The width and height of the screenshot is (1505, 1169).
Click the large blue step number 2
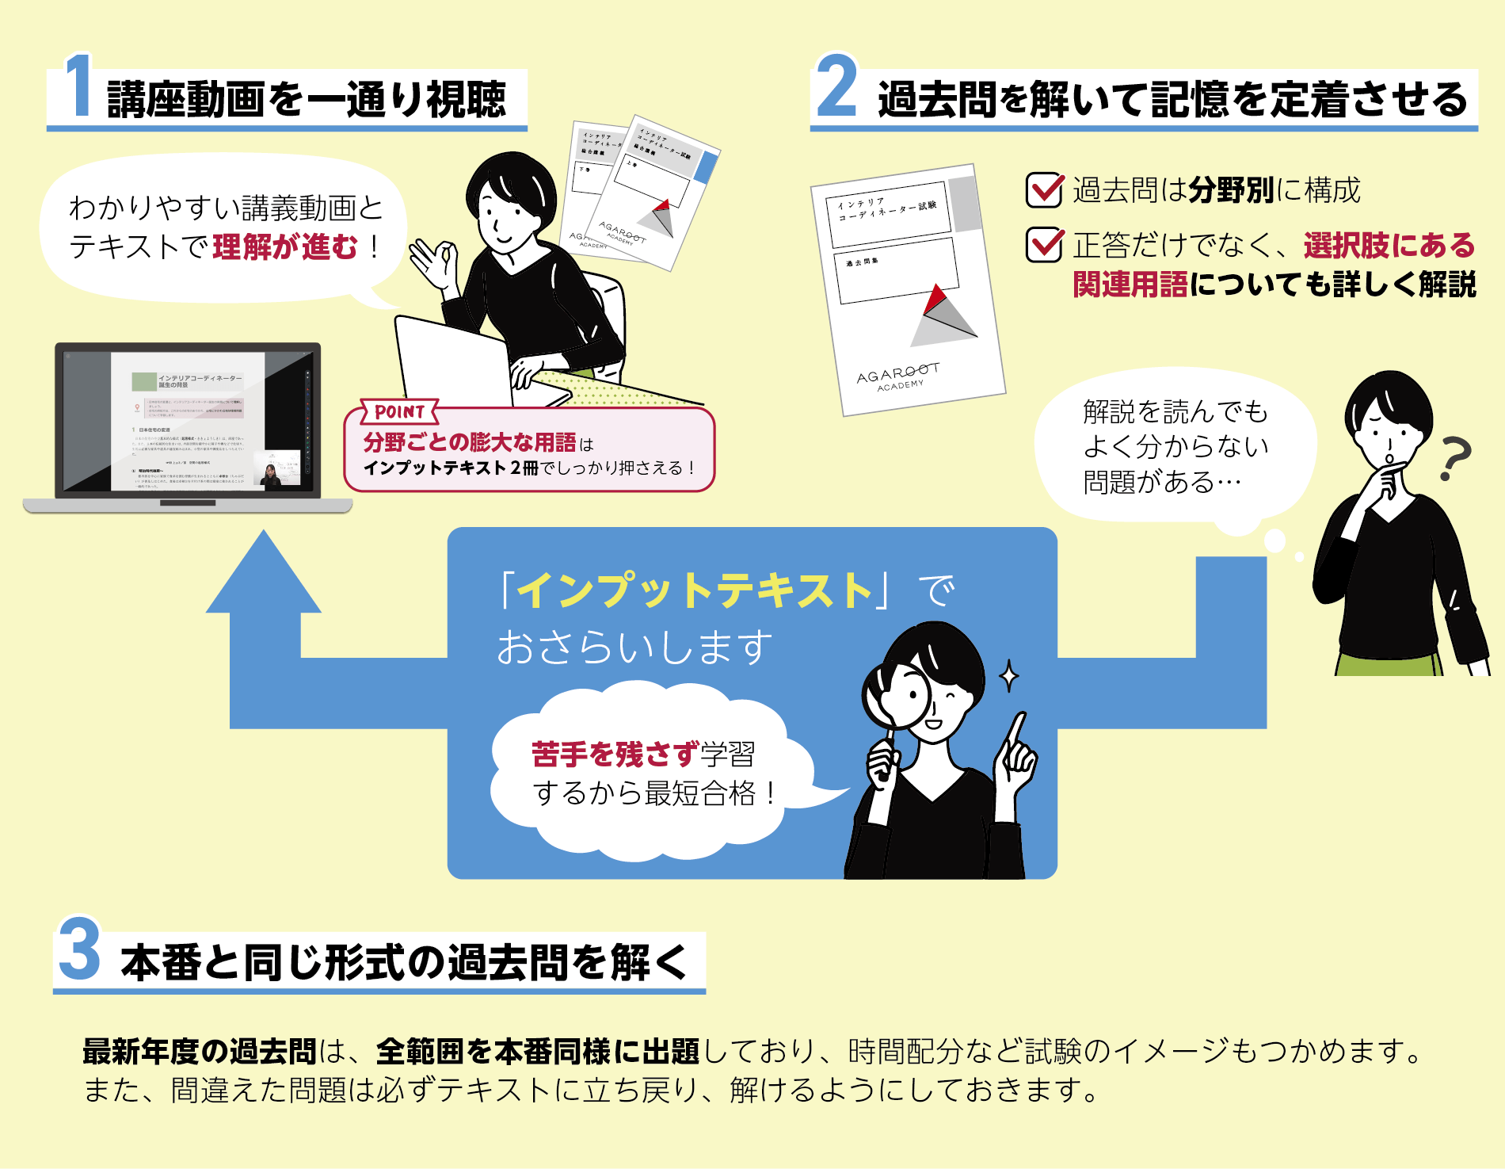[836, 87]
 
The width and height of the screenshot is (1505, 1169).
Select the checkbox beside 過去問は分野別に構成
[1044, 190]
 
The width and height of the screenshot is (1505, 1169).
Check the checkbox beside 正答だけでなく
[1044, 245]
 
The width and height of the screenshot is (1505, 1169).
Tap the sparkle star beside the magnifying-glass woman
[1008, 676]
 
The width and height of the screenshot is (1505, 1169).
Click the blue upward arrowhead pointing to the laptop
[264, 575]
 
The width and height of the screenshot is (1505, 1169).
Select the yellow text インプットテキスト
[695, 590]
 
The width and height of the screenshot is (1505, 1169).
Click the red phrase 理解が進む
[285, 246]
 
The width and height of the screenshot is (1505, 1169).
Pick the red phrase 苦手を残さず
[615, 754]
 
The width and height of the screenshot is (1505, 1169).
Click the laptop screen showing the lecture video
[188, 421]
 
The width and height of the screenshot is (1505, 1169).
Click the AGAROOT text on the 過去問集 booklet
[898, 373]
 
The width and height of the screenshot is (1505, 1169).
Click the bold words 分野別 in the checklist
[1231, 190]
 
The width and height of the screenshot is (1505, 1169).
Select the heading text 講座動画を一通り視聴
[306, 100]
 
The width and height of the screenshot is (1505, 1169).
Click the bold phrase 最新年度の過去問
[200, 1052]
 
